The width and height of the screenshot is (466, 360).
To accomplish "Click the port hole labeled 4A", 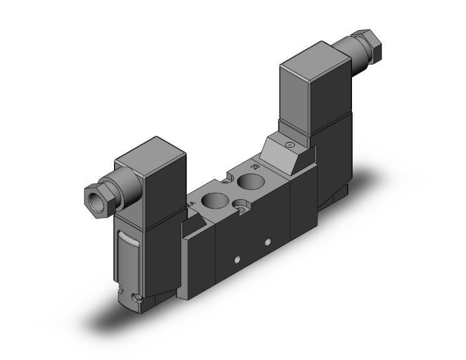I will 214,203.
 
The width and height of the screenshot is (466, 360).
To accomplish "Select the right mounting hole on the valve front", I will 267,241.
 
